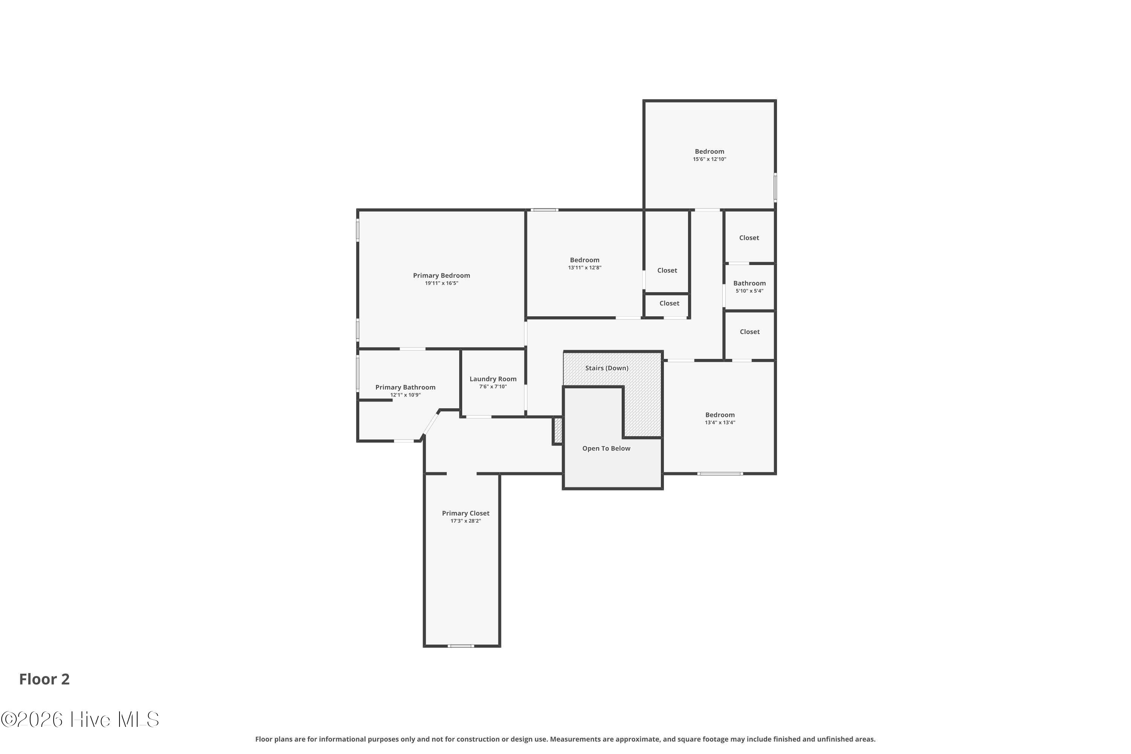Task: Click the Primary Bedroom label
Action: point(441,276)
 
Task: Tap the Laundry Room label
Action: point(493,379)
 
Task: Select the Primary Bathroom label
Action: point(405,387)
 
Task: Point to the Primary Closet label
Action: point(466,513)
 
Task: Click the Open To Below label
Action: point(606,449)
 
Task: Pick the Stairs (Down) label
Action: point(607,368)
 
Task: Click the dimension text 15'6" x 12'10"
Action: point(709,159)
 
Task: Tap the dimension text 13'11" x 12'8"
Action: point(585,268)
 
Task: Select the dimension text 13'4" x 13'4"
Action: point(720,423)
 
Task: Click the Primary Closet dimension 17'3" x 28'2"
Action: point(466,521)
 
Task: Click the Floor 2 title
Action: point(44,679)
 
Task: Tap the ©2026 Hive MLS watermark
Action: point(80,719)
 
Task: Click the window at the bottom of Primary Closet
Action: point(461,646)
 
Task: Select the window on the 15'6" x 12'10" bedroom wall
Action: point(775,187)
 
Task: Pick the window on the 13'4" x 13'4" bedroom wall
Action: point(720,474)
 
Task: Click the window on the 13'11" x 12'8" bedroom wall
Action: point(544,210)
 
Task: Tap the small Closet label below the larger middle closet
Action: point(670,303)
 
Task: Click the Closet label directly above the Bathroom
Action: point(749,238)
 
